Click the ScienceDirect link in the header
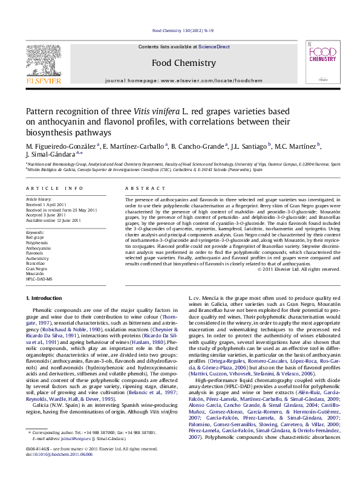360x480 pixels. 214,47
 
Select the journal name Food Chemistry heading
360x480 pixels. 183,63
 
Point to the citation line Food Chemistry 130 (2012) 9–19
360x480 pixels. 183,30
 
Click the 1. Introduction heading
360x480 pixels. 45,299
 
